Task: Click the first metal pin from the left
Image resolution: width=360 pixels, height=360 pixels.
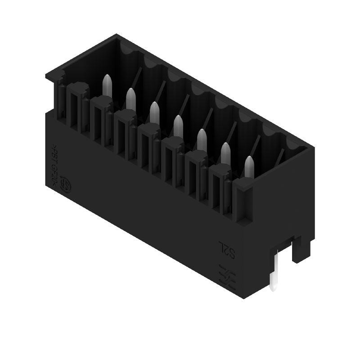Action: (107, 85)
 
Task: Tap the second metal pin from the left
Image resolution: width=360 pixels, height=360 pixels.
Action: (131, 98)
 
